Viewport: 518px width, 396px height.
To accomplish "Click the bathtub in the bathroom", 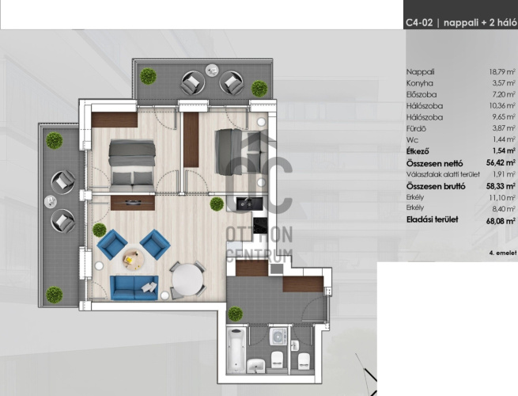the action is (237, 350).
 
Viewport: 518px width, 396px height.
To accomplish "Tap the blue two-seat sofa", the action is (134, 287).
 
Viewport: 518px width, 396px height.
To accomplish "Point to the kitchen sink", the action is (245, 203).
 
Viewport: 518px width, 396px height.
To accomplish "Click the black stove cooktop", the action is (260, 226).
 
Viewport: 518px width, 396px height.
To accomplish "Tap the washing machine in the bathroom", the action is (279, 337).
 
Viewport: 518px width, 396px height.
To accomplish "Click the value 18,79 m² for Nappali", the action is (502, 72).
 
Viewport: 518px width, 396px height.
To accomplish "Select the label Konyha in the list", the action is (420, 83).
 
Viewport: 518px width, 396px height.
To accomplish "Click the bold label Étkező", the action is (418, 150).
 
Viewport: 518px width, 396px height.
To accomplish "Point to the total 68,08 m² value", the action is (501, 221).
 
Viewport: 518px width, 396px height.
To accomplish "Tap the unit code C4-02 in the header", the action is (419, 22).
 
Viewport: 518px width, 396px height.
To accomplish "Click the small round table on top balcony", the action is (212, 70).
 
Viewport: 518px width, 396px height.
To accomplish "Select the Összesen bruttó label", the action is (436, 186).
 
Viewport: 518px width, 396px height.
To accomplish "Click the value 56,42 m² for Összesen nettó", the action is (501, 163).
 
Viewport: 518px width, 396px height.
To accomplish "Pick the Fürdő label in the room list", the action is (416, 128).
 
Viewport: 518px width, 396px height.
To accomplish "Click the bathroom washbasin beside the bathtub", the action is (256, 365).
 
